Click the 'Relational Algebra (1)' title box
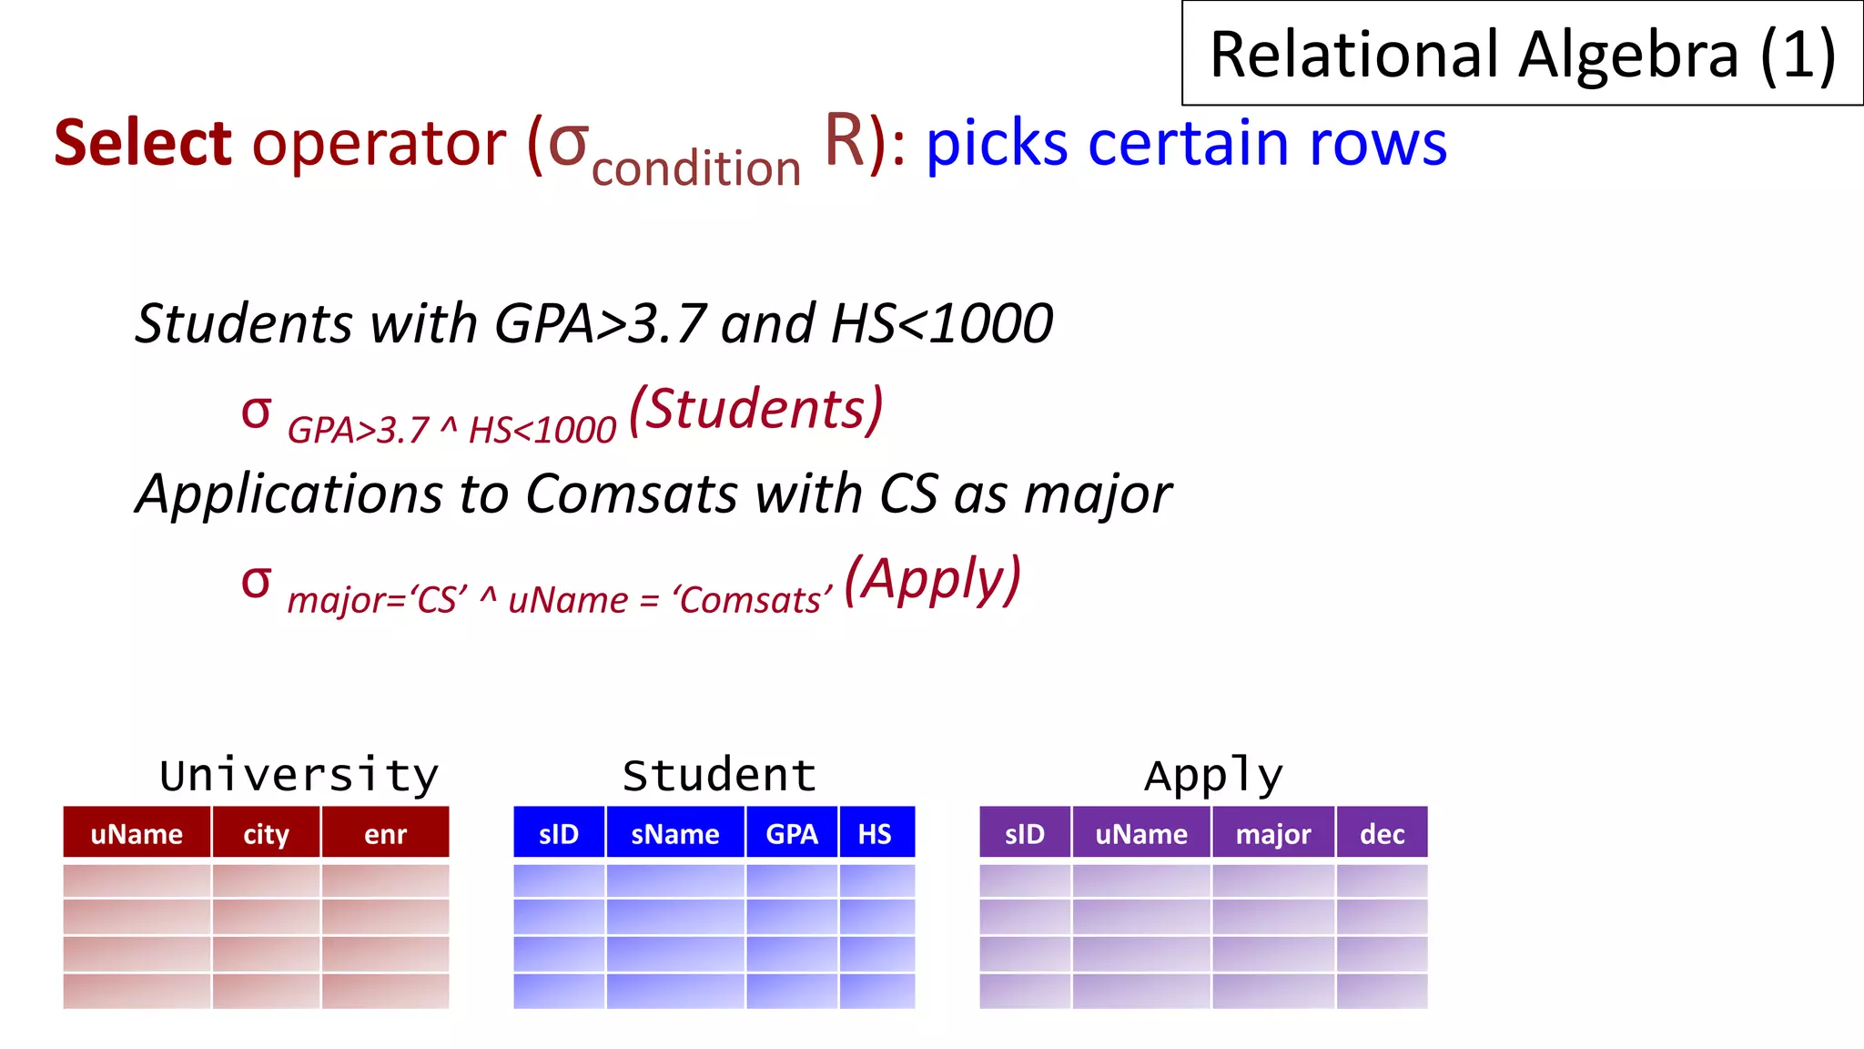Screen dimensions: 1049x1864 [1522, 55]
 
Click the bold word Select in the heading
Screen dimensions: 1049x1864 [143, 144]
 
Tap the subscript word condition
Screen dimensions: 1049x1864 [696, 169]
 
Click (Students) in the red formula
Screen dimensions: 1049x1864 [755, 409]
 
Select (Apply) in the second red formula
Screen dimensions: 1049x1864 [932, 579]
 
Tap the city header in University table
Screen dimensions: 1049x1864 [266, 833]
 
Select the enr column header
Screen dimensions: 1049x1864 [385, 833]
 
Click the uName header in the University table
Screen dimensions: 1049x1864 [137, 833]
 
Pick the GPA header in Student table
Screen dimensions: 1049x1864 [792, 833]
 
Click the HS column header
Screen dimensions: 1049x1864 [876, 833]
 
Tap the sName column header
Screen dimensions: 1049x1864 [674, 833]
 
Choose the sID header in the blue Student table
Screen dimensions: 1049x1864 [558, 833]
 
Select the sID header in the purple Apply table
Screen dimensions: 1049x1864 [1025, 833]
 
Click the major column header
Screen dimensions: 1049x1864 [1272, 833]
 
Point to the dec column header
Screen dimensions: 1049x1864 [1382, 833]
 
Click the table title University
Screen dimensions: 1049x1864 [299, 776]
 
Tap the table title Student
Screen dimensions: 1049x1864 [719, 776]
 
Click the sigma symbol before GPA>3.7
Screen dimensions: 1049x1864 [257, 412]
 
